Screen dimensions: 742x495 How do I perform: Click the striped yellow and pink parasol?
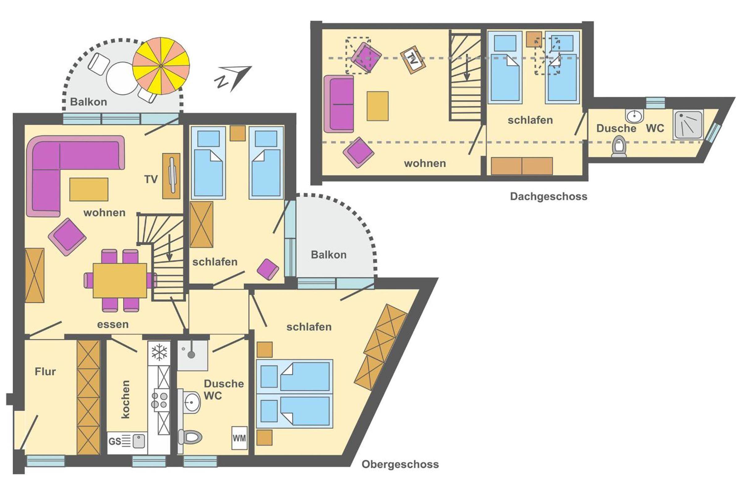(x=161, y=66)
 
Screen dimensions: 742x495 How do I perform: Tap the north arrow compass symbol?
(x=234, y=78)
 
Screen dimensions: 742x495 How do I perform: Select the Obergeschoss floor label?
(x=400, y=464)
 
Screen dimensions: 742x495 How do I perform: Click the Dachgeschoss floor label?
(x=548, y=196)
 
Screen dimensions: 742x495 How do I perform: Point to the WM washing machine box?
(x=239, y=438)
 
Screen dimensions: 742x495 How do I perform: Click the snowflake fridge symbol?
(x=159, y=352)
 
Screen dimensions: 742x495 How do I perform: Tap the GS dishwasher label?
(x=114, y=441)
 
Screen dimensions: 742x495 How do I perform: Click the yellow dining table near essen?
(x=120, y=281)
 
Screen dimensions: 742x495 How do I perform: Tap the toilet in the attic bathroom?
(x=619, y=147)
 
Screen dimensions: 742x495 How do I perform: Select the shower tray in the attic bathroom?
(x=688, y=125)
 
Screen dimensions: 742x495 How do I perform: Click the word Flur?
(x=45, y=372)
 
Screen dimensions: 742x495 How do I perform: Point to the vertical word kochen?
(x=126, y=399)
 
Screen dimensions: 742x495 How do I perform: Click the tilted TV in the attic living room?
(x=413, y=60)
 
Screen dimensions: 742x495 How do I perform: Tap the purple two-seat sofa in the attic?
(x=339, y=104)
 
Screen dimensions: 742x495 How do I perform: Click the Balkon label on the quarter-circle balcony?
(x=329, y=255)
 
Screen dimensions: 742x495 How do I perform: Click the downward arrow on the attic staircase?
(x=467, y=67)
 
